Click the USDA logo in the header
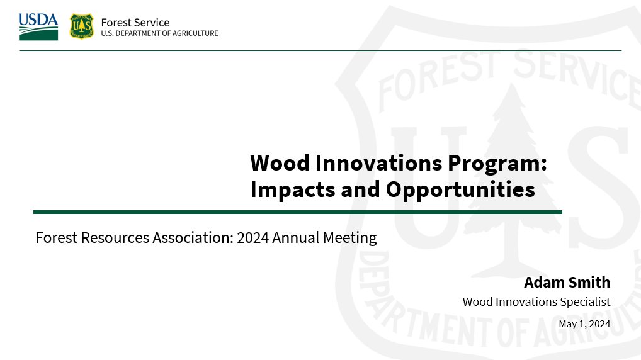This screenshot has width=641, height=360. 38,27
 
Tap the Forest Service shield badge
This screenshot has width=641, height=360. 81,26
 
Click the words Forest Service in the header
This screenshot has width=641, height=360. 135,22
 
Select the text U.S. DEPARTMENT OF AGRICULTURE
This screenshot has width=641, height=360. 159,33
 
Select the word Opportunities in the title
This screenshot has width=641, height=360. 460,189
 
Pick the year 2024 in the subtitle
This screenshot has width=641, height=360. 253,238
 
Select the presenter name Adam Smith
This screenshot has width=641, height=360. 567,281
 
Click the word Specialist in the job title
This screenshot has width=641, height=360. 586,301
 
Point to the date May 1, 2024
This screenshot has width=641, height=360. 584,324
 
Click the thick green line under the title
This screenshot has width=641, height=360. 297,212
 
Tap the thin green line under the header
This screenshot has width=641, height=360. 320,50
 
